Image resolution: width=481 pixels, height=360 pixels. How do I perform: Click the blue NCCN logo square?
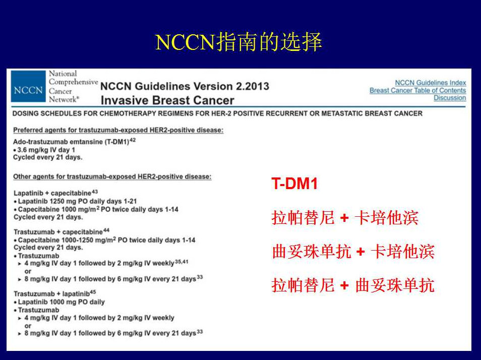click(x=28, y=86)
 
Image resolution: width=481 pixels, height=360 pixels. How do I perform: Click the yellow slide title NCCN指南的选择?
click(x=238, y=42)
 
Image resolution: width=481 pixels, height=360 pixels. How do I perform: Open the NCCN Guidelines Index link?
click(x=431, y=83)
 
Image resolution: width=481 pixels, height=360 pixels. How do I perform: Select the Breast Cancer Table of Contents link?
click(x=418, y=90)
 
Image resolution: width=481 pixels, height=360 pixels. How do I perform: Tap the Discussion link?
click(x=450, y=98)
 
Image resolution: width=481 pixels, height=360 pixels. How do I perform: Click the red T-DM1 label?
click(x=294, y=184)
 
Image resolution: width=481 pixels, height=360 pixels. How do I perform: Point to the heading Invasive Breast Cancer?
click(x=167, y=100)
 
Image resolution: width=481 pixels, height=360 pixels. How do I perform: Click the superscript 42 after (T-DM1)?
click(x=133, y=140)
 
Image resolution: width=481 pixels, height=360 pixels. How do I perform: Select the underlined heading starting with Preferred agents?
click(x=118, y=130)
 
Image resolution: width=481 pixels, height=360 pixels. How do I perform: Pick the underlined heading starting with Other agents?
click(x=112, y=176)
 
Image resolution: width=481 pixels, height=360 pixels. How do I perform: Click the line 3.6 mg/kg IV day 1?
click(x=46, y=150)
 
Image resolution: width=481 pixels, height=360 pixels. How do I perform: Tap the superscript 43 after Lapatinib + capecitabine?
click(x=95, y=192)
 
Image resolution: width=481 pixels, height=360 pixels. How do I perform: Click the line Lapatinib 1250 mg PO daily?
click(x=77, y=201)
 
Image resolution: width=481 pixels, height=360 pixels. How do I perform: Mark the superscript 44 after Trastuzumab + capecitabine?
click(x=106, y=230)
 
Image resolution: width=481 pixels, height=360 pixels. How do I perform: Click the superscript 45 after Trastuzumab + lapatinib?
click(x=93, y=292)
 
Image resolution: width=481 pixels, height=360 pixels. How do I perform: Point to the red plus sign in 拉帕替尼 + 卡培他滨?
click(x=344, y=218)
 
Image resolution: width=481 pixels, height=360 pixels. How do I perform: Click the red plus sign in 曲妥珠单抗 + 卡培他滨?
click(x=360, y=252)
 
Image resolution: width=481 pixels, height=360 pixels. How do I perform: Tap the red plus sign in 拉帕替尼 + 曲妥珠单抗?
click(x=344, y=285)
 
